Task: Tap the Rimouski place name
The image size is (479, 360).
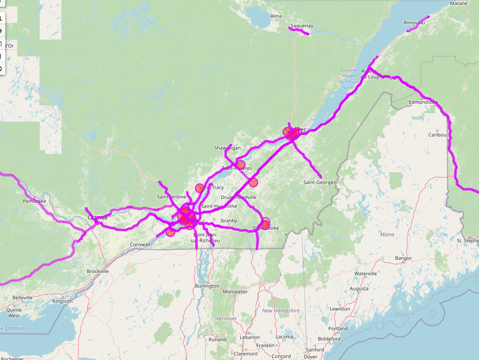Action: (x=414, y=23)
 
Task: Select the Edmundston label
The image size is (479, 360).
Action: (x=423, y=102)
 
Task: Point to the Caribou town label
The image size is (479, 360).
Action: (x=437, y=135)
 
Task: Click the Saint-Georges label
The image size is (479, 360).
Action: (x=319, y=182)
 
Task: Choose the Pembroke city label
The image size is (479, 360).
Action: (x=35, y=201)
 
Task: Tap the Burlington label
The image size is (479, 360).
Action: (x=207, y=286)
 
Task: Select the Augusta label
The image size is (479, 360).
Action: (x=359, y=288)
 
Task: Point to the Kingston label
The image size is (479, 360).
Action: (x=62, y=302)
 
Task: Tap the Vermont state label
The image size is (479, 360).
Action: (x=226, y=319)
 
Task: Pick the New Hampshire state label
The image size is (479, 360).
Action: (x=281, y=310)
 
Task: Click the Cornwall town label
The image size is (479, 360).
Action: (x=140, y=245)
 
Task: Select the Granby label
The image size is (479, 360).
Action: (x=229, y=221)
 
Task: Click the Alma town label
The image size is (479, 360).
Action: (x=276, y=16)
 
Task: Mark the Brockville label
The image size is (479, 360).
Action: (x=98, y=271)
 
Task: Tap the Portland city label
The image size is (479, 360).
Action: (x=338, y=328)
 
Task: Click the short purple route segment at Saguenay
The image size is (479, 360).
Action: (x=299, y=32)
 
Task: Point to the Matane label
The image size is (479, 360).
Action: (x=459, y=3)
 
